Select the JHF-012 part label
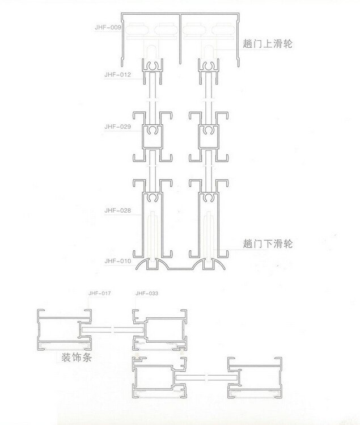[x=118, y=74]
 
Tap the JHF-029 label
[x=118, y=127]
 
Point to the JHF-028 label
[x=118, y=211]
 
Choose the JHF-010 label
[x=118, y=261]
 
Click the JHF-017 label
[x=99, y=293]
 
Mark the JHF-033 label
[x=147, y=293]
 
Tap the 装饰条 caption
[x=79, y=359]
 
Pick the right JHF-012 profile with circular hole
[x=207, y=70]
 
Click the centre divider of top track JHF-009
[x=180, y=34]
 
